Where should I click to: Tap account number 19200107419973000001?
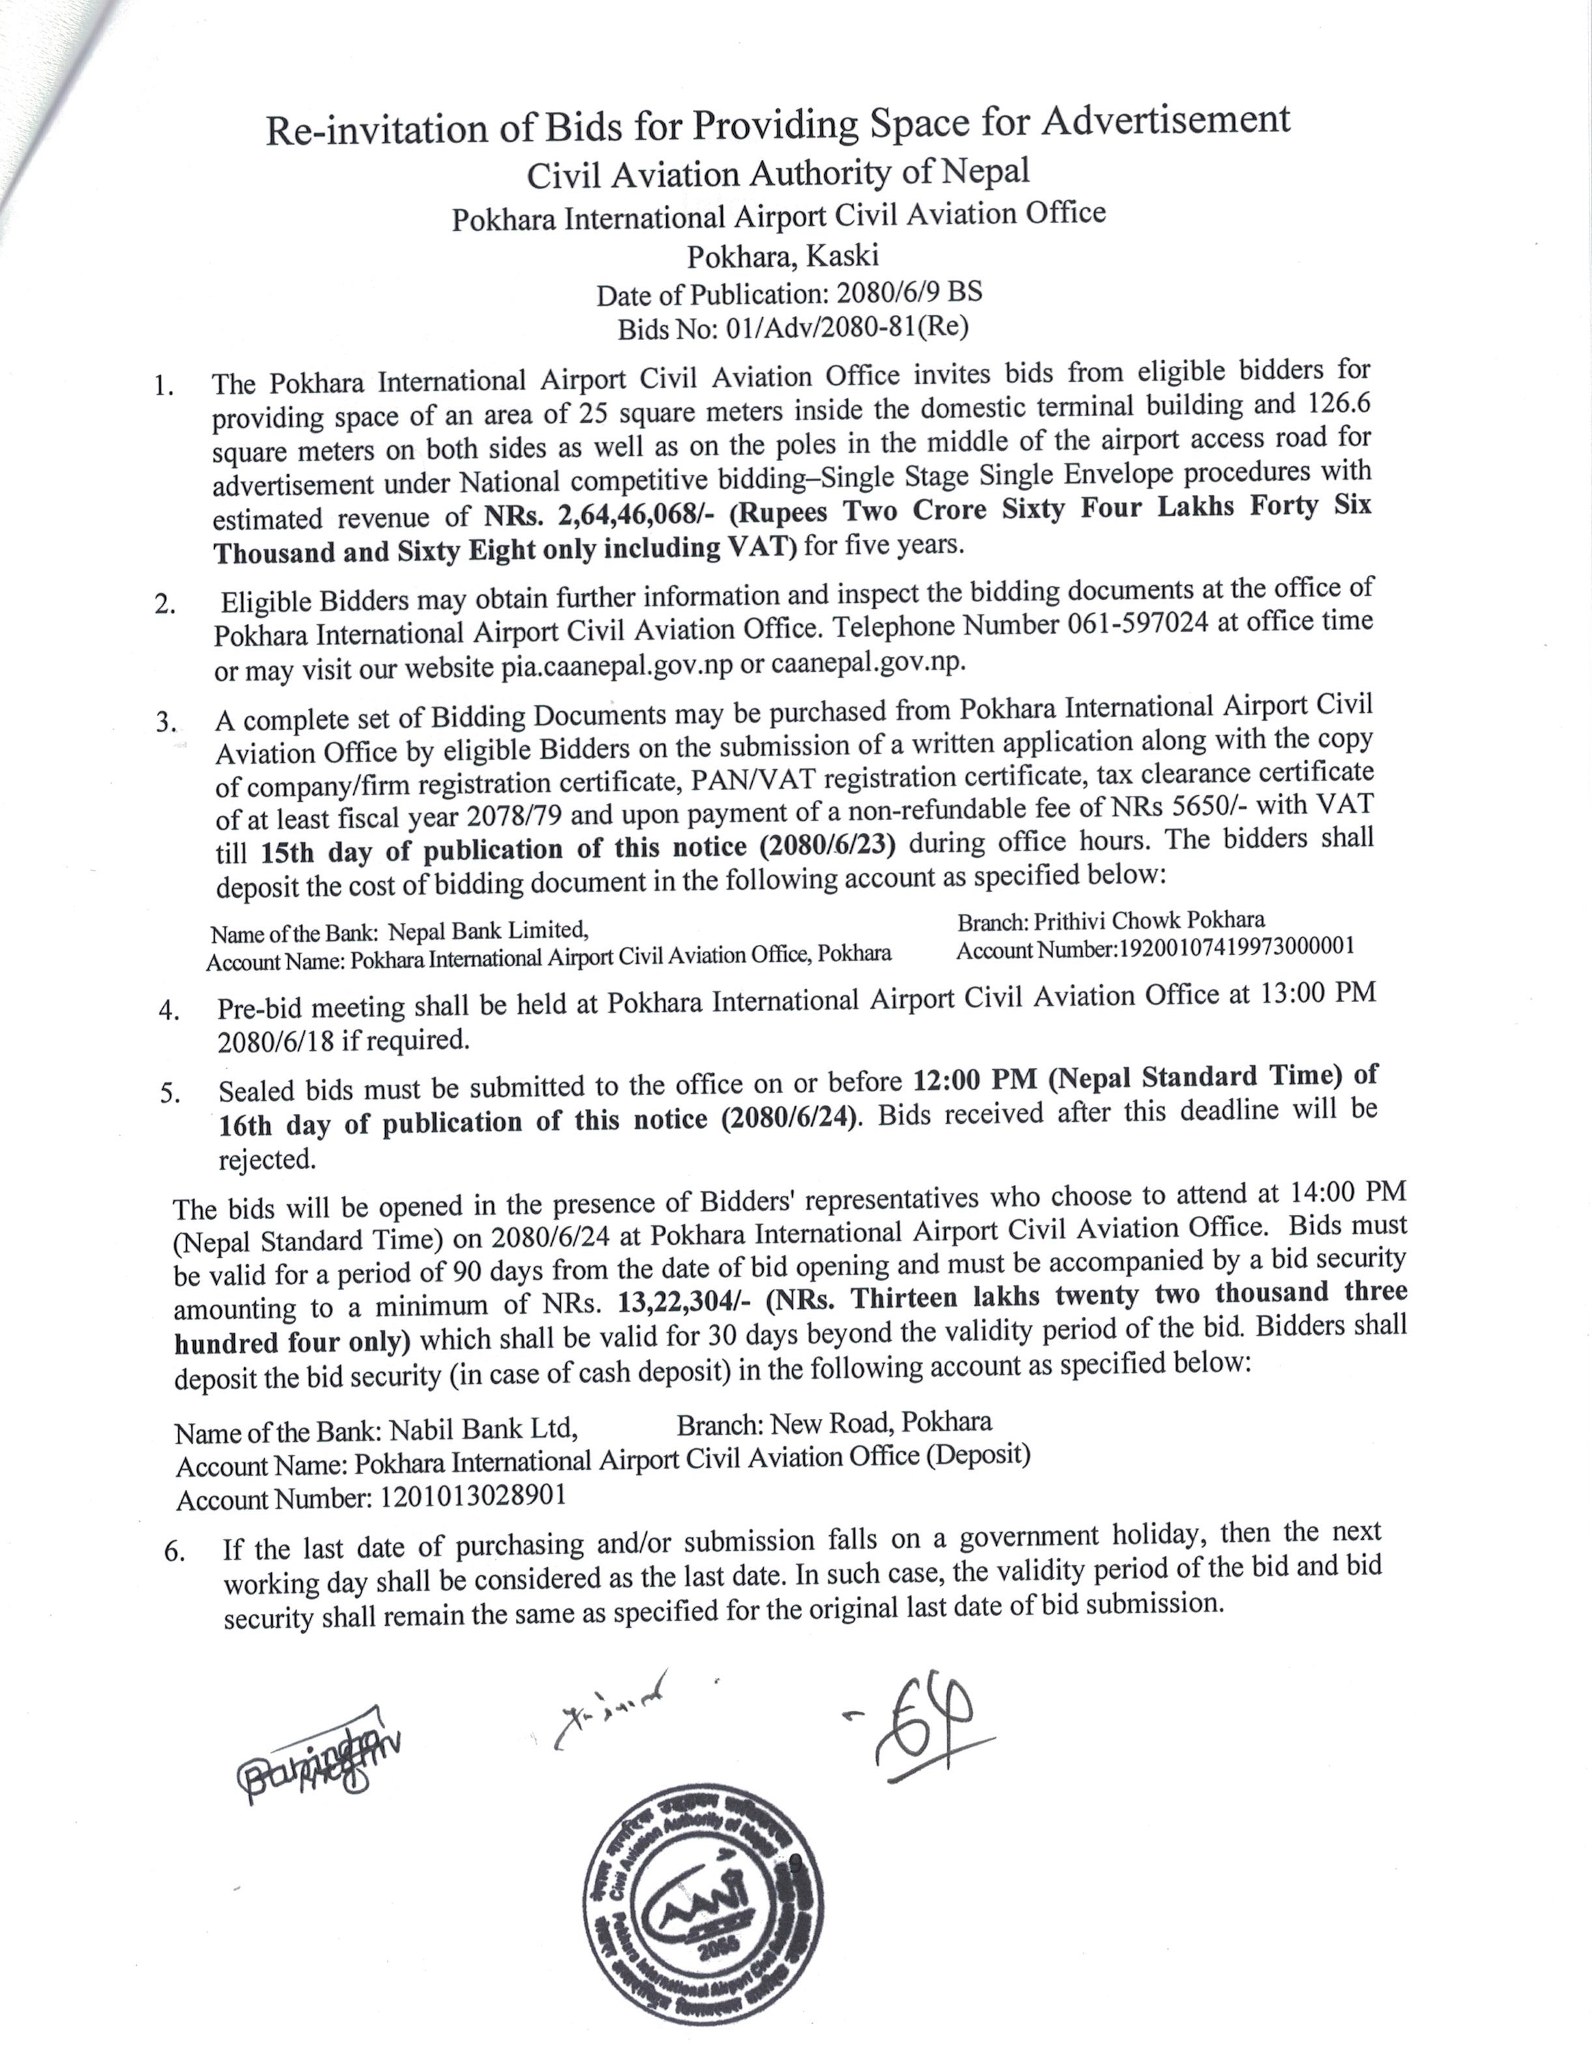(1237, 947)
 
